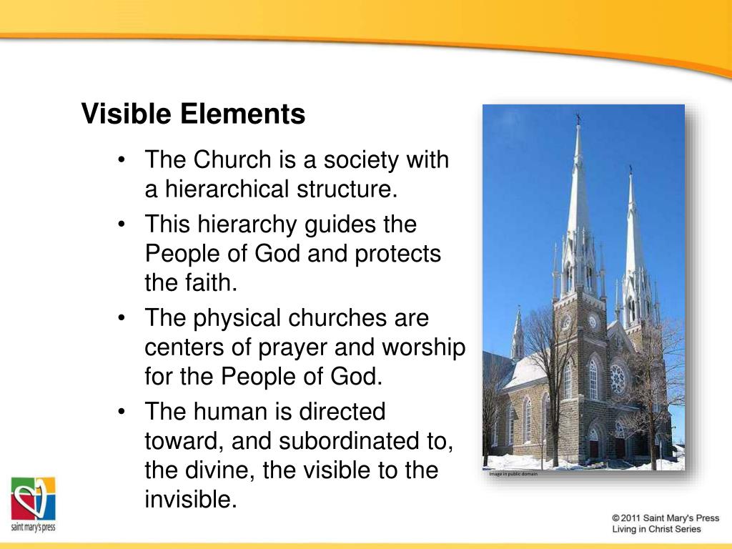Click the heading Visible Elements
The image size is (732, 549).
pyautogui.click(x=193, y=114)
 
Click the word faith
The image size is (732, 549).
pyautogui.click(x=212, y=284)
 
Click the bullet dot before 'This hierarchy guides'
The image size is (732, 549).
pyautogui.click(x=123, y=224)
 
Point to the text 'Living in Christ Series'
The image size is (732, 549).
pyautogui.click(x=656, y=530)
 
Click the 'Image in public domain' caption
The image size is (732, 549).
pyautogui.click(x=513, y=474)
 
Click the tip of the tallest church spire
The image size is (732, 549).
pyautogui.click(x=578, y=117)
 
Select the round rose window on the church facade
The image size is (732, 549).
pyautogui.click(x=618, y=378)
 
